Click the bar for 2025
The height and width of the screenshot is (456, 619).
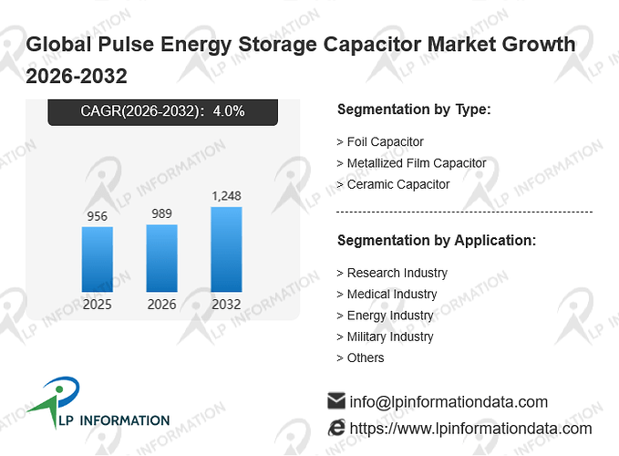point(98,259)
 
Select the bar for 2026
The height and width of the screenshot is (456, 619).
point(162,258)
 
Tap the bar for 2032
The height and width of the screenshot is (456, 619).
point(227,250)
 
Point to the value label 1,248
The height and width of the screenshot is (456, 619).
point(227,196)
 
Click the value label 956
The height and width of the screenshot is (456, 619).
point(98,216)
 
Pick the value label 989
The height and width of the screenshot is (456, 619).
point(162,213)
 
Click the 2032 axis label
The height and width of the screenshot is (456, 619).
point(226,305)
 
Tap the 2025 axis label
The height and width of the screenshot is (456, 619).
point(98,305)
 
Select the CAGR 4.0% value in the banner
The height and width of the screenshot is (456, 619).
point(229,111)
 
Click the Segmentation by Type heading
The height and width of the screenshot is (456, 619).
point(414,109)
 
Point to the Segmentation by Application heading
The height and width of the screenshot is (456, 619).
point(437,241)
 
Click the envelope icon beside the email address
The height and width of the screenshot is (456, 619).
point(336,400)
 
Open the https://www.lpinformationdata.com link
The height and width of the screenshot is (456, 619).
point(471,429)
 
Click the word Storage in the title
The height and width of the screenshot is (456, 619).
point(277,44)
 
